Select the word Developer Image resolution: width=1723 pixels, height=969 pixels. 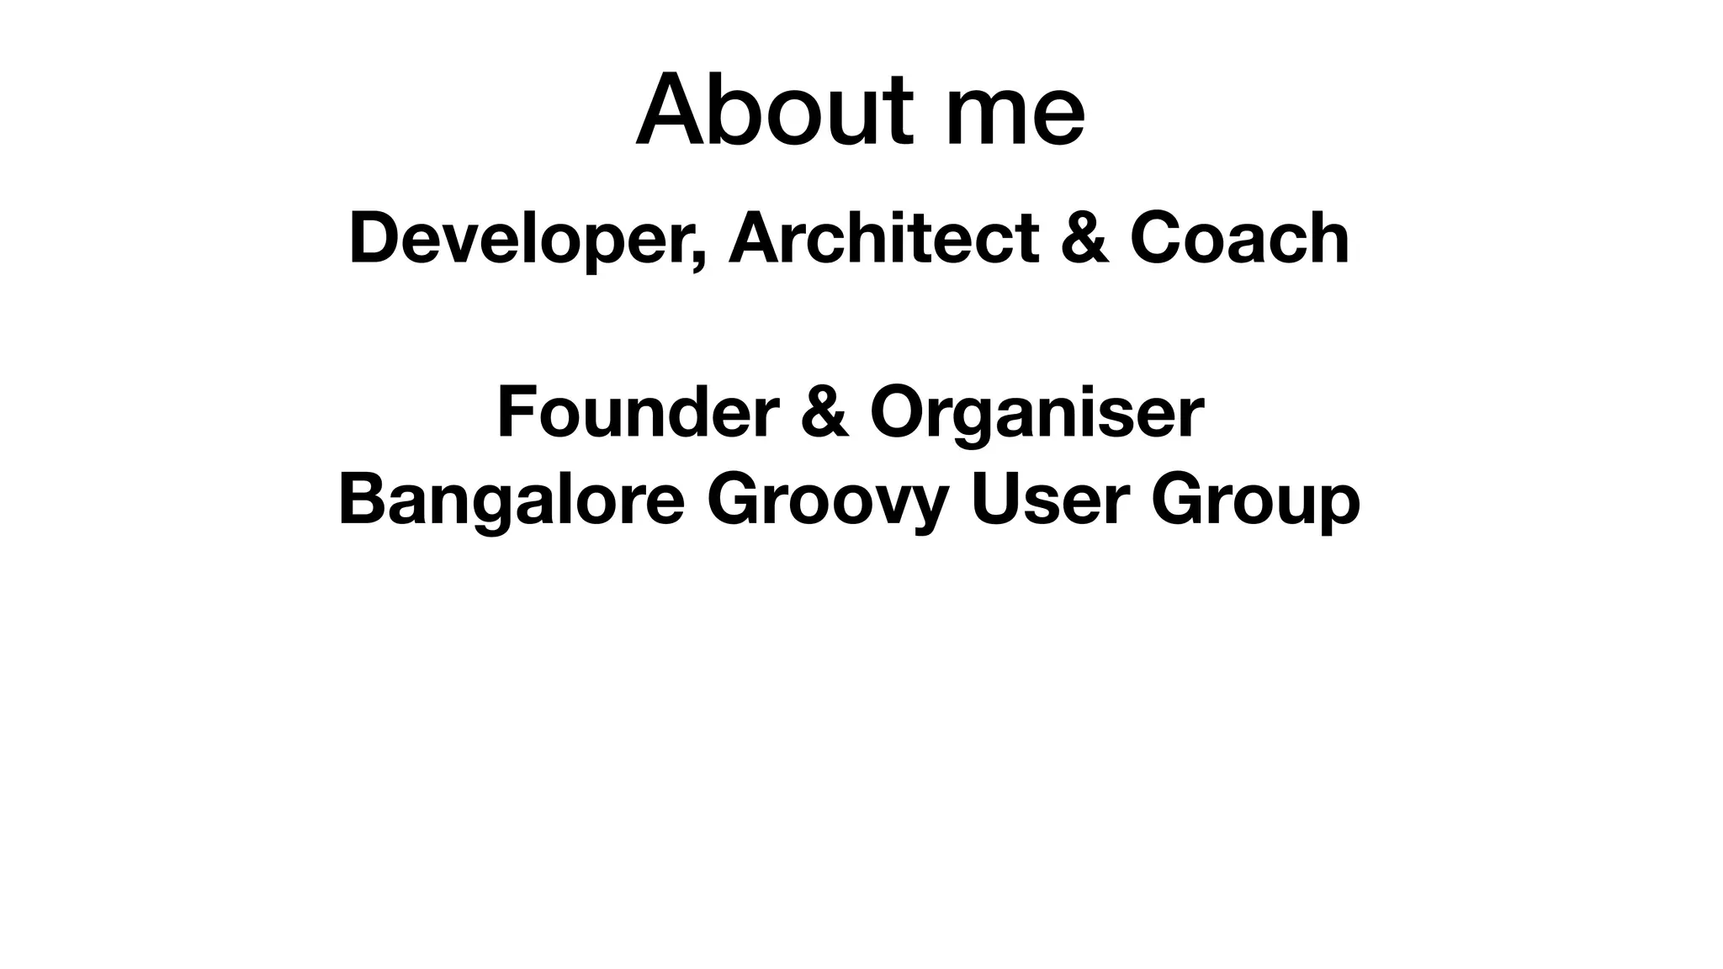tap(518, 239)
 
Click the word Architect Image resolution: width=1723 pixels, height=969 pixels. tap(883, 239)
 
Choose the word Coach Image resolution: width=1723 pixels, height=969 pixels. tap(1240, 239)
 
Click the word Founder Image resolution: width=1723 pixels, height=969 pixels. tap(638, 412)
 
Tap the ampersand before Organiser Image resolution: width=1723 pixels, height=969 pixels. tap(824, 412)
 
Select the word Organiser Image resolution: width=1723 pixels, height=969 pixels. tap(1036, 412)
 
